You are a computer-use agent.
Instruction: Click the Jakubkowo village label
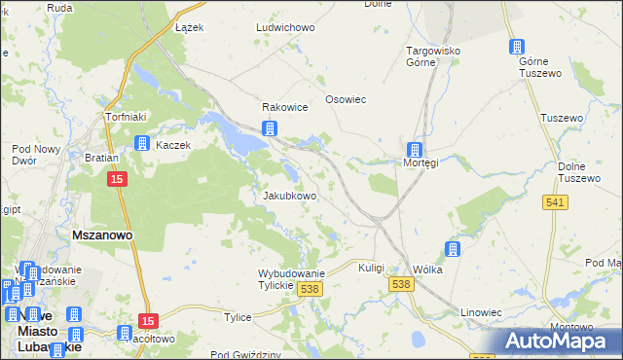[x=290, y=196]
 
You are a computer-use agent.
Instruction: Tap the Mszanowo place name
[x=102, y=235]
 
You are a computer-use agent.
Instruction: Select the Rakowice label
[x=284, y=108]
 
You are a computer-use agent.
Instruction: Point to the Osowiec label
[x=345, y=108]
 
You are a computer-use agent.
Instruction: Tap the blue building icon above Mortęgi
[x=416, y=150]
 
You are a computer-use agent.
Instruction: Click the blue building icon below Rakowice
[x=270, y=128]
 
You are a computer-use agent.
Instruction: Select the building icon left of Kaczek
[x=141, y=144]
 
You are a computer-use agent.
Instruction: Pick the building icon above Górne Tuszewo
[x=517, y=47]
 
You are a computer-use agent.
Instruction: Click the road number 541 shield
[x=556, y=201]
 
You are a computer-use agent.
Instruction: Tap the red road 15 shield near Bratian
[x=117, y=180]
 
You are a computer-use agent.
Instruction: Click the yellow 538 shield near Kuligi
[x=400, y=283]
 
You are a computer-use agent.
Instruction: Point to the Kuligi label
[x=372, y=268]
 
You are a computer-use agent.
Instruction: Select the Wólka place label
[x=427, y=270]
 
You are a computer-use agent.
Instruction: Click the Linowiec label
[x=482, y=312]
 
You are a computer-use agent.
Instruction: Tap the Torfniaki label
[x=125, y=117]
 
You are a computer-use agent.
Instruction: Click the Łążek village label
[x=189, y=27]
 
